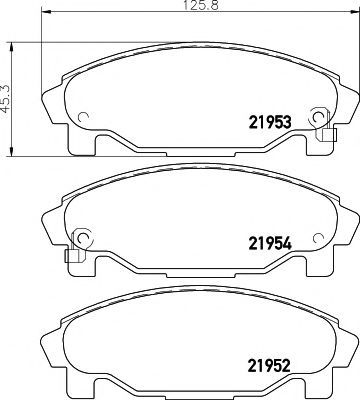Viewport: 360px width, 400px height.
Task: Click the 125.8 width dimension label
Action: [x=201, y=6]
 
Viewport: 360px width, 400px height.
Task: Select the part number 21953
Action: [x=270, y=122]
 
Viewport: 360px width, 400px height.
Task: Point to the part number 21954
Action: [x=270, y=243]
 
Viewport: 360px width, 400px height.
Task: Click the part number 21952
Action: [x=269, y=365]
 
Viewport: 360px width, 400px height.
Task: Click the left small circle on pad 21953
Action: [x=82, y=117]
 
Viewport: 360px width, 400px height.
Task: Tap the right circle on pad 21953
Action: [x=319, y=117]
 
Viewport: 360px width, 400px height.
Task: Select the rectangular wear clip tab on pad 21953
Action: [x=327, y=135]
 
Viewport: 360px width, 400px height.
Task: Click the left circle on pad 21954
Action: [x=82, y=237]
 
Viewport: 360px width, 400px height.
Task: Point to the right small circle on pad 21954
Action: [x=319, y=237]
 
